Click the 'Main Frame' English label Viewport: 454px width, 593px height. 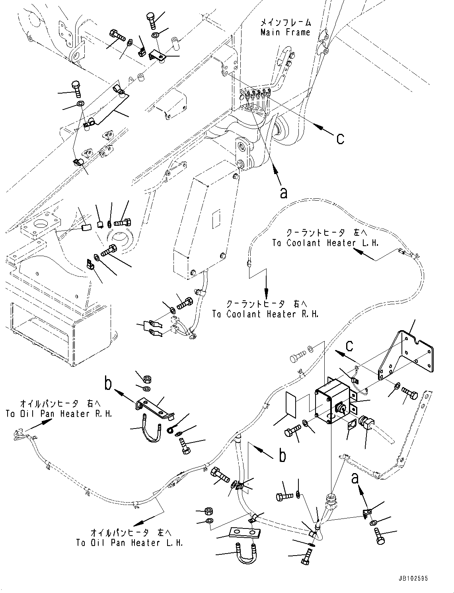(x=285, y=32)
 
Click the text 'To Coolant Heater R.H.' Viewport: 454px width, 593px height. (x=265, y=314)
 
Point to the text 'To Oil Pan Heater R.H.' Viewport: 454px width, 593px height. (x=59, y=414)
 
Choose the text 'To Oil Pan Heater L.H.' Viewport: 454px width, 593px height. (x=130, y=542)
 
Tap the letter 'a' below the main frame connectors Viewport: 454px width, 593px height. (x=283, y=192)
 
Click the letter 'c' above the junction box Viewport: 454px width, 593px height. (x=349, y=345)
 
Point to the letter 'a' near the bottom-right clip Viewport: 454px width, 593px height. (x=356, y=478)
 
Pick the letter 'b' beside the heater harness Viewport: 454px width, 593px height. (x=282, y=455)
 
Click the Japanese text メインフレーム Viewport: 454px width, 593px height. (x=286, y=22)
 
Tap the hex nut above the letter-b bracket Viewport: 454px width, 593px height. (x=146, y=379)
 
